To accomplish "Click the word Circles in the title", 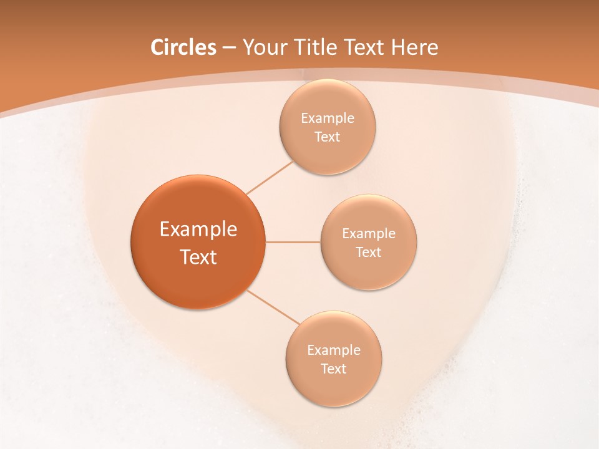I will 183,47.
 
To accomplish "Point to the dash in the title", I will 228,48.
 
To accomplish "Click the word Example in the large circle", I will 198,229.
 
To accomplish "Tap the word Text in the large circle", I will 198,257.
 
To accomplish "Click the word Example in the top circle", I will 327,118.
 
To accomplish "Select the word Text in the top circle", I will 327,137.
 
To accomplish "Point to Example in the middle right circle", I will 369,234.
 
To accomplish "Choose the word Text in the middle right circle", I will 369,253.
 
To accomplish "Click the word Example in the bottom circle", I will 333,350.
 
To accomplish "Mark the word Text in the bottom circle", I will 333,369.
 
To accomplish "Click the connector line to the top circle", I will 270,178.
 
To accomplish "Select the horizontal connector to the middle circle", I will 293,242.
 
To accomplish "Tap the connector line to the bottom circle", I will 273,306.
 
